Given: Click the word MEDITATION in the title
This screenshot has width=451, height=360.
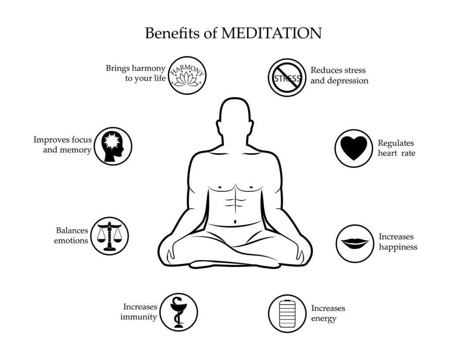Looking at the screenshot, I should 271,33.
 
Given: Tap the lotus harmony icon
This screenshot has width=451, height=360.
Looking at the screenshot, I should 187,75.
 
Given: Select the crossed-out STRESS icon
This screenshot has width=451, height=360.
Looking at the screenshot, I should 288,77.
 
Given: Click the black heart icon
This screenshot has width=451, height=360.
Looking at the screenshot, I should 354,148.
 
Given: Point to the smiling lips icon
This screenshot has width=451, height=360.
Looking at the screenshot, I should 355,243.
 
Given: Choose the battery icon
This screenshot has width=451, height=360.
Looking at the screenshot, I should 287,313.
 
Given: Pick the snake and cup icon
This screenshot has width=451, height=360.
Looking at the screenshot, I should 178,312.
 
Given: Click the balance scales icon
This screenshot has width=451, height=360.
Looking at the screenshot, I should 110,236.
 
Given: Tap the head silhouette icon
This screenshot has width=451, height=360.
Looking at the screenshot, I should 113,146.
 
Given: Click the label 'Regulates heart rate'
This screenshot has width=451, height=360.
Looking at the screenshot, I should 396,148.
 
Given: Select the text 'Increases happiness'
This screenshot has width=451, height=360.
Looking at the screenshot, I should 398,242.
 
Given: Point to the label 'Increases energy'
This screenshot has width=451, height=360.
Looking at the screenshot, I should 328,313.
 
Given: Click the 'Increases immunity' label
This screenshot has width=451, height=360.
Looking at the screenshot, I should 140,312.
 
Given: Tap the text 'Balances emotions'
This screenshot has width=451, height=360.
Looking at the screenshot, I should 71,235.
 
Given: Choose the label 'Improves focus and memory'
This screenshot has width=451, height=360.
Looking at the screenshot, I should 63,145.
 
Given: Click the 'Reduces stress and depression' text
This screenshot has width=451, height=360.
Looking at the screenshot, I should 339,75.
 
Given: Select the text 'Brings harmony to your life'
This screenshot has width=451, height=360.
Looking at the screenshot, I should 136,73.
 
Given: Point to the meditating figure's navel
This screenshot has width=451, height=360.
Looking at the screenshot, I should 235,221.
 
